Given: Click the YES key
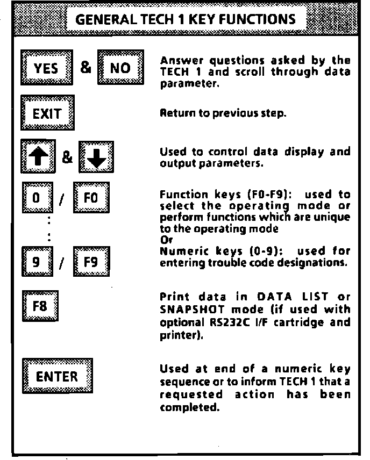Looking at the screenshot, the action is tap(46, 69).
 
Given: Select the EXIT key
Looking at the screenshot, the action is tap(47, 114).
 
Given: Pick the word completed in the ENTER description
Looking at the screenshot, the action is tap(183, 408).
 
